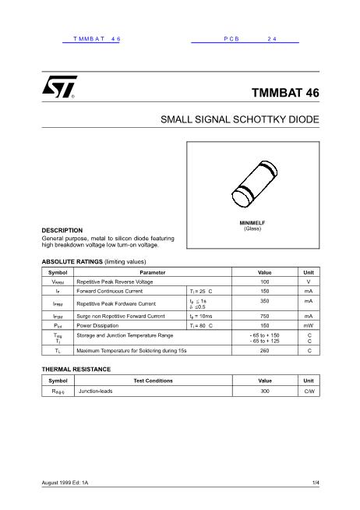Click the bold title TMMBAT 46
[x=285, y=92]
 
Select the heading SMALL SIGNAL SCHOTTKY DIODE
[x=240, y=121]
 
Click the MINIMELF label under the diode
[x=252, y=223]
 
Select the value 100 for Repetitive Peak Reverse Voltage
[x=265, y=281]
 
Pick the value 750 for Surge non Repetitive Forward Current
[x=265, y=317]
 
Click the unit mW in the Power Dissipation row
[x=309, y=326]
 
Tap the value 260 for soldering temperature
[x=265, y=352]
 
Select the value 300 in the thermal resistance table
[x=265, y=391]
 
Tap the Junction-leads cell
[x=96, y=391]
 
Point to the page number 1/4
[x=316, y=484]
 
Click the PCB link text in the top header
[x=234, y=38]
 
